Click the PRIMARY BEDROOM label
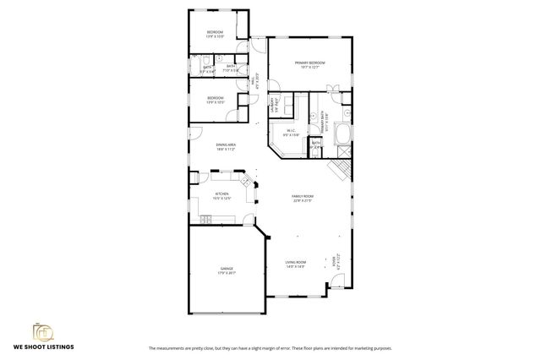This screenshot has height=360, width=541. point(309,63)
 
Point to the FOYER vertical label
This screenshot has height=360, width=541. point(336,261)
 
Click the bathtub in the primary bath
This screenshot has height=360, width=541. point(342,133)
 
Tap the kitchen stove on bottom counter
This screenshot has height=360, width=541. point(205,220)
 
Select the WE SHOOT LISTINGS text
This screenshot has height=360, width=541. point(42,347)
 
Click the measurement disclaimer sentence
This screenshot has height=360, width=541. point(270,348)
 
